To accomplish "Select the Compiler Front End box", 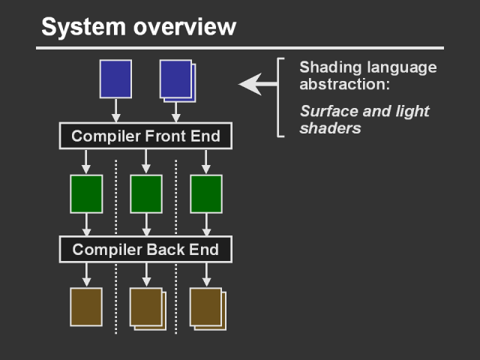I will [145, 136].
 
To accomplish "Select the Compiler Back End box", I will [145, 249].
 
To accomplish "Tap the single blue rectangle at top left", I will [115, 79].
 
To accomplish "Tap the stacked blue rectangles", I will [177, 79].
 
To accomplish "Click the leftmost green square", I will [86, 193].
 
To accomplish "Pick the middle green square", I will [146, 193].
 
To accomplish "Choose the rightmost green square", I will [205, 193].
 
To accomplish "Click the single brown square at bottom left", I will [86, 307].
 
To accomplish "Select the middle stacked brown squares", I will [147, 307].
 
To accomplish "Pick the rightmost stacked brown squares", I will [207, 307].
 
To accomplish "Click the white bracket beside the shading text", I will [280, 97].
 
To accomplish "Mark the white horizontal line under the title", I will [240, 48].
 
